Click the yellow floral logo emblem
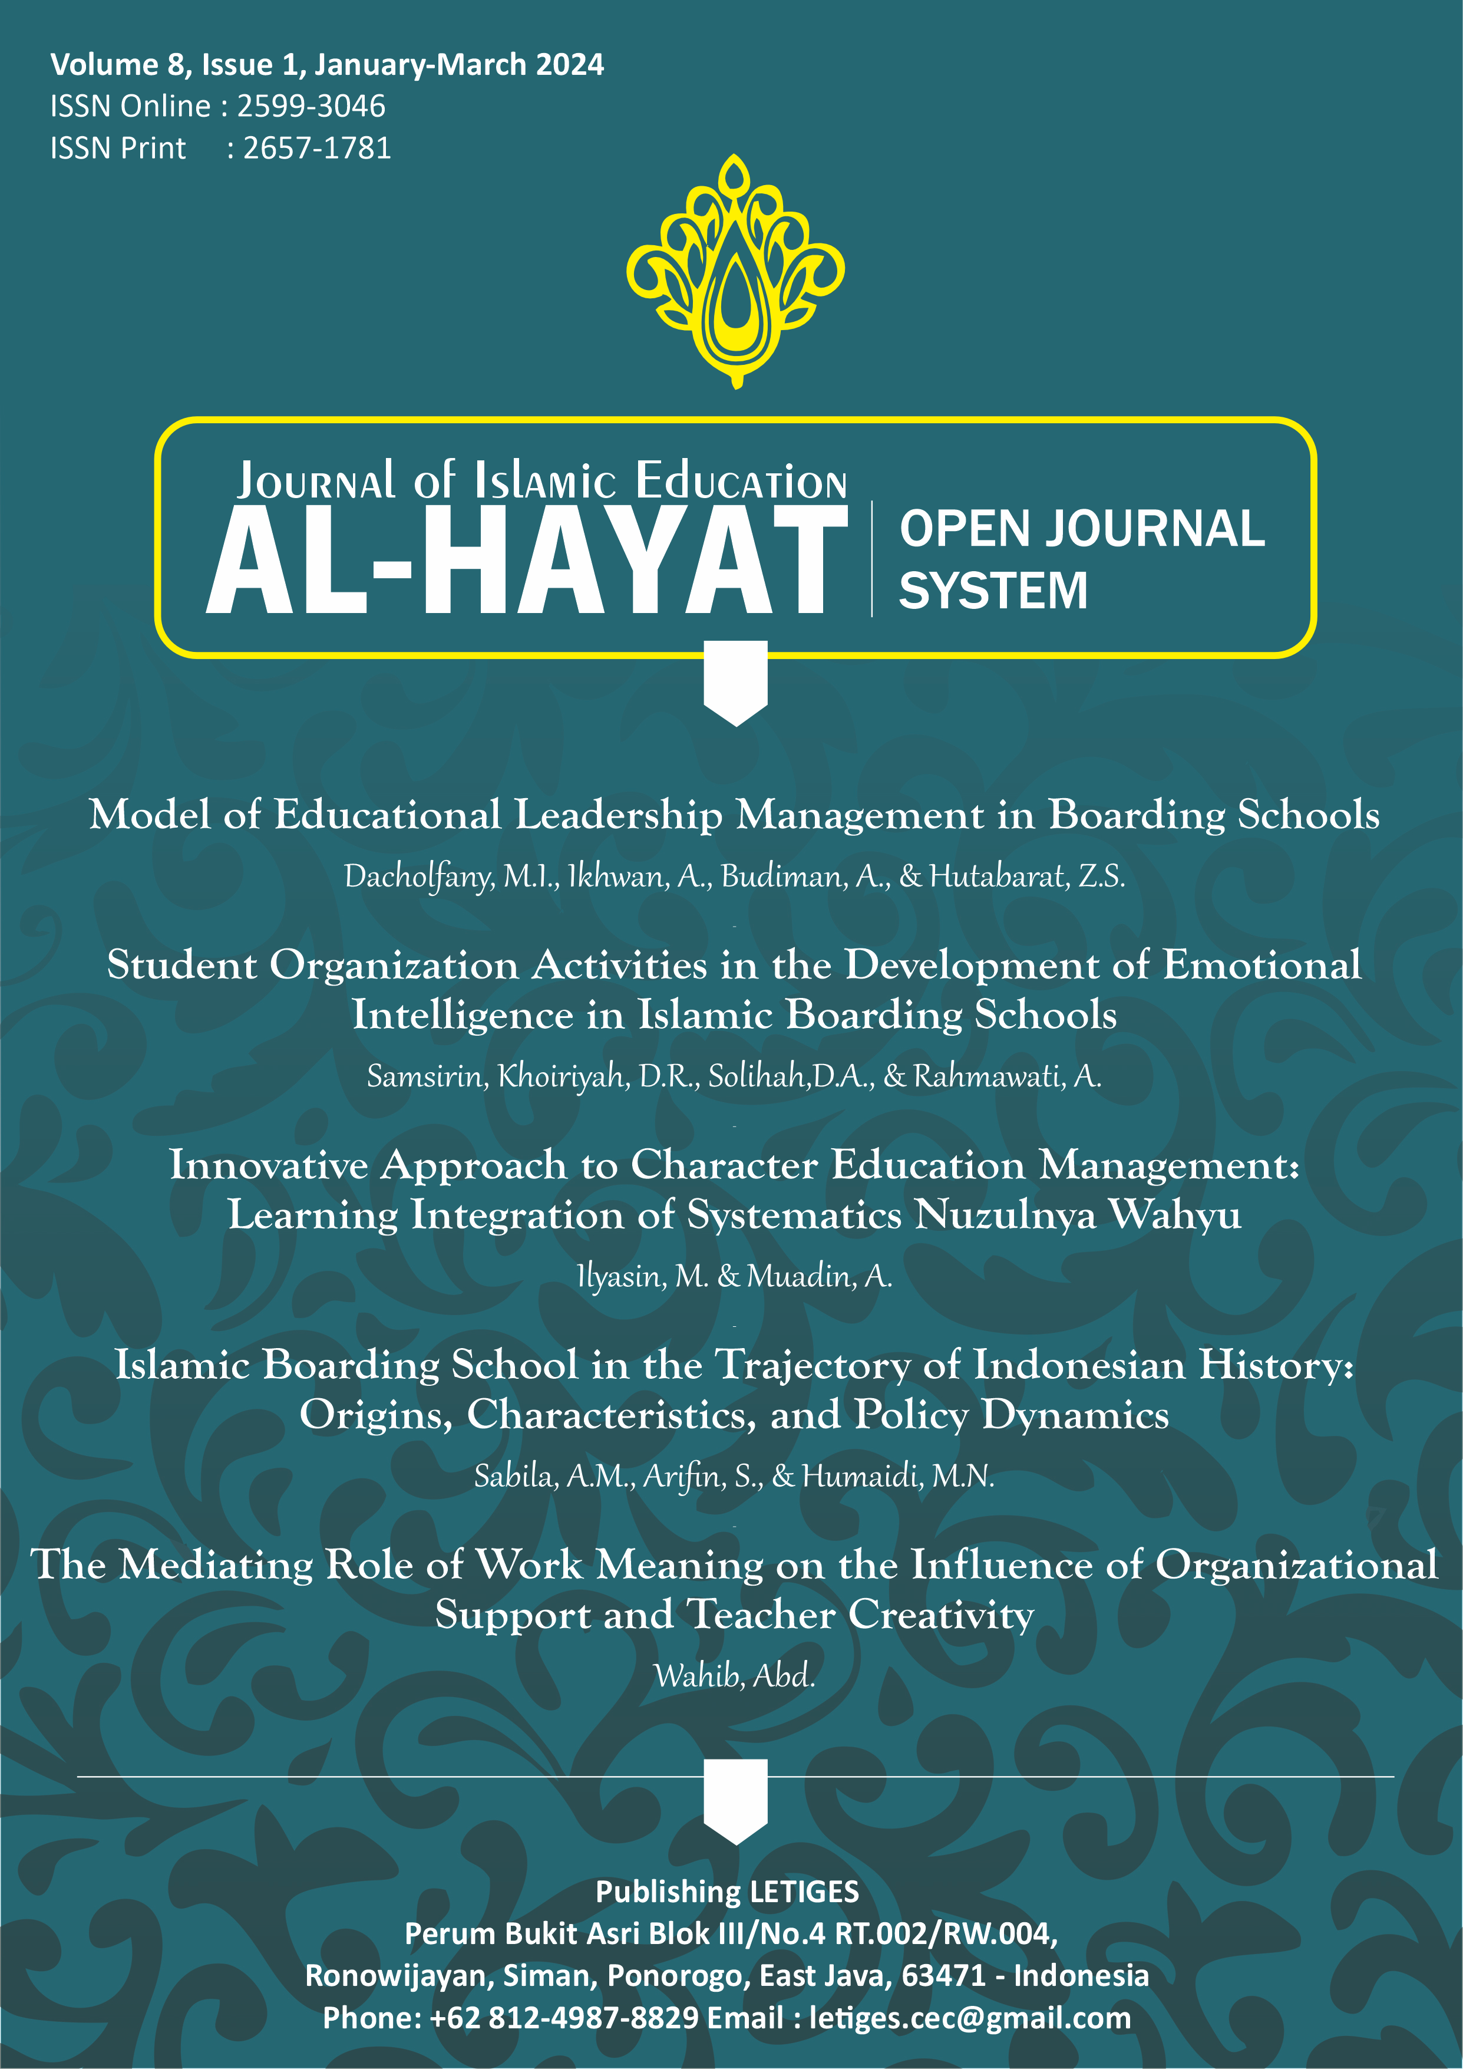(735, 271)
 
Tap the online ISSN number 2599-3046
(311, 106)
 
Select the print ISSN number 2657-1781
(317, 148)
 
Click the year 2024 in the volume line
(569, 65)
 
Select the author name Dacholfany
(418, 876)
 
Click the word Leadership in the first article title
(618, 815)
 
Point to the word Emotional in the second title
(1261, 965)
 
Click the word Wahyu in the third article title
(1175, 1215)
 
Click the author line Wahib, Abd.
(734, 1676)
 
